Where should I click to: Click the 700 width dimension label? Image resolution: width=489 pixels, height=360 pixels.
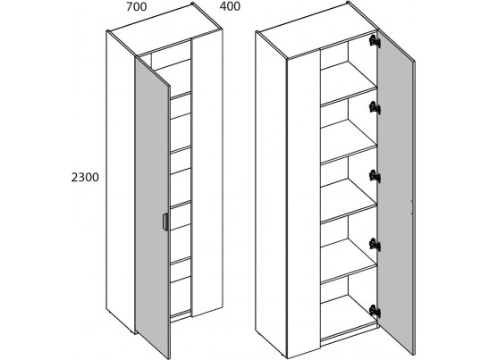pyautogui.click(x=136, y=7)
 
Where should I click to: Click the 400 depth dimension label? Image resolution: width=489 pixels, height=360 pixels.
pyautogui.click(x=230, y=6)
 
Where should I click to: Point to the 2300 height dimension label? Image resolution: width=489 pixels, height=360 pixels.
pyautogui.click(x=85, y=178)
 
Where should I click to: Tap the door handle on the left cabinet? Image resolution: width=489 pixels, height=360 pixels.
pyautogui.click(x=165, y=222)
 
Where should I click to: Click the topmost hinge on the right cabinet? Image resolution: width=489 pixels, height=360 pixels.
pyautogui.click(x=375, y=41)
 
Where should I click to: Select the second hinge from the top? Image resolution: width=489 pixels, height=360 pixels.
pyautogui.click(x=375, y=108)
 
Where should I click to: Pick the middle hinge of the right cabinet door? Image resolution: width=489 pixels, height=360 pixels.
pyautogui.click(x=375, y=176)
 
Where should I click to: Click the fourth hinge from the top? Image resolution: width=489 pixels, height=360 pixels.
pyautogui.click(x=375, y=245)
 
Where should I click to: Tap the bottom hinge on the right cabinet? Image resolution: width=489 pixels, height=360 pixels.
pyautogui.click(x=375, y=311)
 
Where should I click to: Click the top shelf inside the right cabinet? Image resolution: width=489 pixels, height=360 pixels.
pyautogui.click(x=349, y=82)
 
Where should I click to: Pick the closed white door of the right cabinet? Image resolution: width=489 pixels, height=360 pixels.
pyautogui.click(x=304, y=203)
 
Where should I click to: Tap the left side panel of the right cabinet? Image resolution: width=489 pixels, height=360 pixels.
pyautogui.click(x=271, y=193)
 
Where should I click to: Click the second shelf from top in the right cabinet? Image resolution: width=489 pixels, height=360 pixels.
pyautogui.click(x=349, y=143)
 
